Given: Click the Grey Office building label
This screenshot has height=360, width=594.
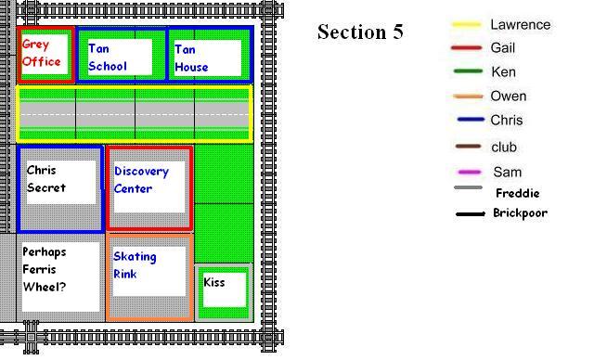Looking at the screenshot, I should [x=43, y=54].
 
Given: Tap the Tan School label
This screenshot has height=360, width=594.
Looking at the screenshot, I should [x=108, y=57].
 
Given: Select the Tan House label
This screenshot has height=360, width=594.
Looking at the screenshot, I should [x=192, y=58].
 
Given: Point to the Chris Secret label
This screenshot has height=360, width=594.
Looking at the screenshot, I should [x=47, y=179].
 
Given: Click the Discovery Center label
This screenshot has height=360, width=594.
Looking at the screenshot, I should [x=141, y=180].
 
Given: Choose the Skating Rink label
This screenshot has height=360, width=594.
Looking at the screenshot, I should [x=135, y=264].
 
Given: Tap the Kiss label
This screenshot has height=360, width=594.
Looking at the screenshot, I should [x=214, y=282].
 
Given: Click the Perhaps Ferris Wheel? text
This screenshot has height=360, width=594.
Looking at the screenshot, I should [x=45, y=269].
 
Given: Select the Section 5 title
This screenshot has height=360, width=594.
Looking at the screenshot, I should [x=360, y=32].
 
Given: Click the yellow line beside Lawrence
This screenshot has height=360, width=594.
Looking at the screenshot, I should [x=466, y=25].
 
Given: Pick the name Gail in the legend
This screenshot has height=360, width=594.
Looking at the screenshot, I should [x=502, y=48].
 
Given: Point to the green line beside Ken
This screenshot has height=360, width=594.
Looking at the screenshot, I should [x=466, y=72].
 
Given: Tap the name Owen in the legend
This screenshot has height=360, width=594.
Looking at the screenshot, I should [x=508, y=96].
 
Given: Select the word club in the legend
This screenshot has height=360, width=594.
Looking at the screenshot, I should [x=503, y=147].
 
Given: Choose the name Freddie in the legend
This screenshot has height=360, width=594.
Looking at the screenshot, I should [x=517, y=193].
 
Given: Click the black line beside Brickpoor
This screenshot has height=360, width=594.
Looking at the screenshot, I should [x=470, y=214].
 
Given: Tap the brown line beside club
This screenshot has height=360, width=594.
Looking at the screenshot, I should [x=468, y=147].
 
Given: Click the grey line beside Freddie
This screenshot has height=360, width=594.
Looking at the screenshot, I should [x=468, y=189].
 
